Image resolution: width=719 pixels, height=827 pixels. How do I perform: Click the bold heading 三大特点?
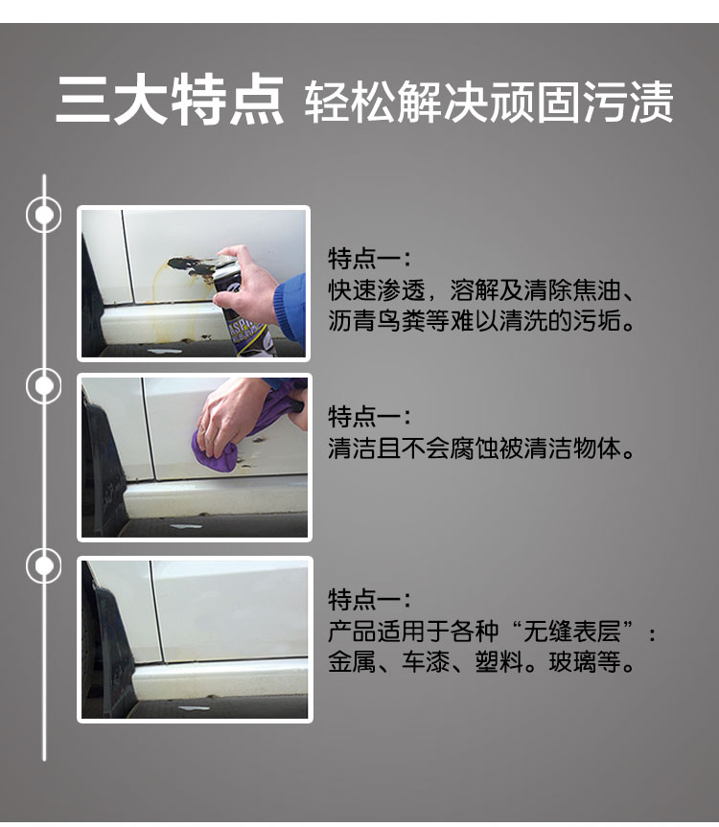tap(170, 101)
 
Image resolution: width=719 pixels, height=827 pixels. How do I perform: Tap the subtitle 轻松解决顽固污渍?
tap(489, 102)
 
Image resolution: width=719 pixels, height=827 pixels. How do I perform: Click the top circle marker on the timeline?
tap(44, 215)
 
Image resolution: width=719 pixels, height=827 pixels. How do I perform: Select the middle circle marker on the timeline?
tap(44, 385)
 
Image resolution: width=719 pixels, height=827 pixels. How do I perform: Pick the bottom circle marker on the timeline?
tap(44, 564)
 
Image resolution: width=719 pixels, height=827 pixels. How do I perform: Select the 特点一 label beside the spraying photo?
tap(369, 258)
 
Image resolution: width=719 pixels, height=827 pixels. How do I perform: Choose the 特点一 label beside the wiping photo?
tap(369, 416)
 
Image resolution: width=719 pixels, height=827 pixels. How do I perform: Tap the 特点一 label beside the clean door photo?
tap(369, 599)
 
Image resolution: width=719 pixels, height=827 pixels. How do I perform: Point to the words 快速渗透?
tap(377, 289)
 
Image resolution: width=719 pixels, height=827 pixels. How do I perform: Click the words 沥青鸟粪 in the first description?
tap(377, 320)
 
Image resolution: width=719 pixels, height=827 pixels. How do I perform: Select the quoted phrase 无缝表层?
tap(571, 632)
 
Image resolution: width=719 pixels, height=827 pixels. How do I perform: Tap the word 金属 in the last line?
tap(352, 662)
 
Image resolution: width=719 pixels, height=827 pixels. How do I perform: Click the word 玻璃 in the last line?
tap(572, 662)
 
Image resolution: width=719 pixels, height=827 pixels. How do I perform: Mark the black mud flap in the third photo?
tap(108, 649)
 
